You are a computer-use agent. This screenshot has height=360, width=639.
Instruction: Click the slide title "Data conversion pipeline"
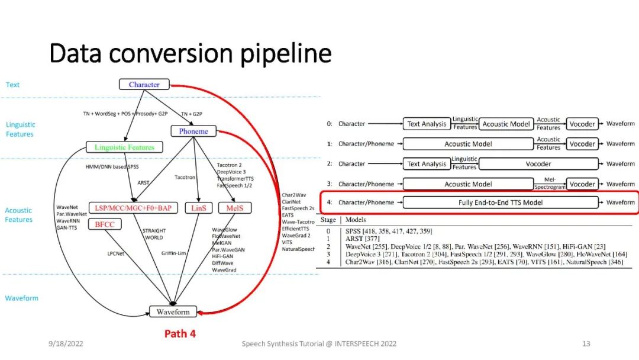point(190,54)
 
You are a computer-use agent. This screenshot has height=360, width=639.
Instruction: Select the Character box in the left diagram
point(144,85)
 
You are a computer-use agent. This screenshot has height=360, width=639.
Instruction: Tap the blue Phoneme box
point(193,131)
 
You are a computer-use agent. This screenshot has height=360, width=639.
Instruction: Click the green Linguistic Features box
point(124,147)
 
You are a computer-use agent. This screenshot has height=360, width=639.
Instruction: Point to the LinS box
point(198,208)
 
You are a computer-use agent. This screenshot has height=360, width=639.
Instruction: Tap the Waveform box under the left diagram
point(173,311)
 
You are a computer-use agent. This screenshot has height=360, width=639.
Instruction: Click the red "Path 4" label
point(180,334)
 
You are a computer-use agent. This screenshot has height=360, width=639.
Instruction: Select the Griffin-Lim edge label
point(175,254)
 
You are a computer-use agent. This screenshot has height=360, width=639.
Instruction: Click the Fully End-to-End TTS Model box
point(501,202)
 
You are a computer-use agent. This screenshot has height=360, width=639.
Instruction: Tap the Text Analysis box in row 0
point(426,124)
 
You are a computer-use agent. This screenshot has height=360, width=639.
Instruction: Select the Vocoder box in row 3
point(582,184)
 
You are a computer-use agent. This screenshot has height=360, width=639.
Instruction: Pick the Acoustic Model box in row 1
point(468,144)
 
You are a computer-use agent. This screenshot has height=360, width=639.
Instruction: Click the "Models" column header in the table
point(356,220)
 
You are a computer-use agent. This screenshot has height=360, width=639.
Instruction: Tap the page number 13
point(586,343)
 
